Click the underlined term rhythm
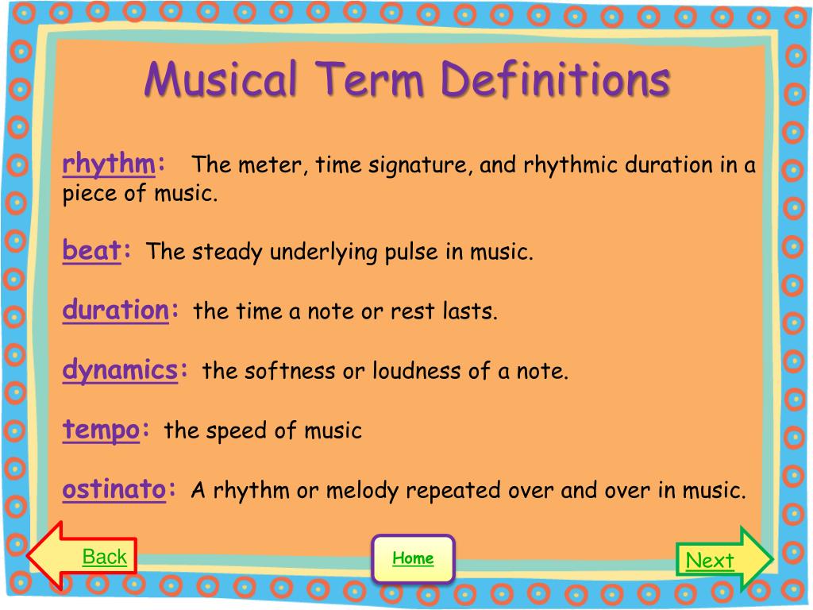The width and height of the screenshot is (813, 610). tap(108, 164)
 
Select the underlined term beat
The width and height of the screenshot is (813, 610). tap(91, 250)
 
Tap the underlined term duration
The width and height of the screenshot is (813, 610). tap(116, 310)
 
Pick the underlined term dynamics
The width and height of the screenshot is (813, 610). tap(120, 370)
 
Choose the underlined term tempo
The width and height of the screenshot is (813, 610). tap(101, 430)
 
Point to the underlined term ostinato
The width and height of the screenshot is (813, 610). tap(114, 489)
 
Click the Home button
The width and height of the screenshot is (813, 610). tap(413, 558)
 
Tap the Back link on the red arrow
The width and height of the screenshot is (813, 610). tap(104, 557)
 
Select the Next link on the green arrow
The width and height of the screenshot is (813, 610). tap(710, 560)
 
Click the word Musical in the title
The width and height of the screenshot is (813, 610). tap(221, 79)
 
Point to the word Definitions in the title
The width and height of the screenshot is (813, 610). tap(555, 79)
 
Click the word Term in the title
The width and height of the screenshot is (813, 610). tap(368, 79)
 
